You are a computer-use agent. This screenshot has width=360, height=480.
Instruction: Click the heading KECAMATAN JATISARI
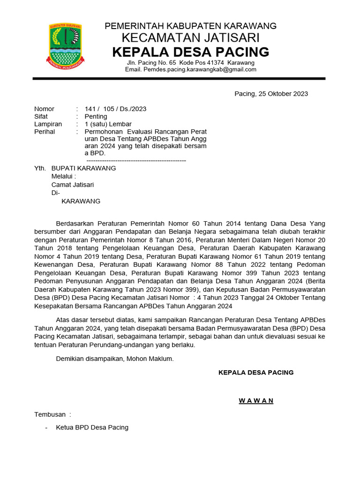click(190, 37)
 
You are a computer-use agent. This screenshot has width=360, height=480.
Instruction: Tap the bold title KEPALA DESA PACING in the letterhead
click(190, 52)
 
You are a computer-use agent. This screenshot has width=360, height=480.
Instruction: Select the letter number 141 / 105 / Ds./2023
click(115, 109)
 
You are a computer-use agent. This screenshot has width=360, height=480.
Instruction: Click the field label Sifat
click(41, 117)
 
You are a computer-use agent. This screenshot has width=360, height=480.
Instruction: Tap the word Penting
click(96, 117)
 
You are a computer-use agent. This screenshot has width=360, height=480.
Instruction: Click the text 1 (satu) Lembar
click(108, 124)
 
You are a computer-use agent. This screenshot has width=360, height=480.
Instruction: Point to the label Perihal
click(45, 132)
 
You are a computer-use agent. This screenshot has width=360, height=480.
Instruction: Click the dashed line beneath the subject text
click(136, 161)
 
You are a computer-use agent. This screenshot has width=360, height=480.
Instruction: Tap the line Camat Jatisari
click(72, 185)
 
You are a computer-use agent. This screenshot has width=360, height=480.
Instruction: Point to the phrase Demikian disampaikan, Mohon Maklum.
click(115, 359)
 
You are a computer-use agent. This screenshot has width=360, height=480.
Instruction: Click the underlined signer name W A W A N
click(256, 401)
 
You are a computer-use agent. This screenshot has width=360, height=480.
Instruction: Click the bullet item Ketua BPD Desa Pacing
click(92, 427)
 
